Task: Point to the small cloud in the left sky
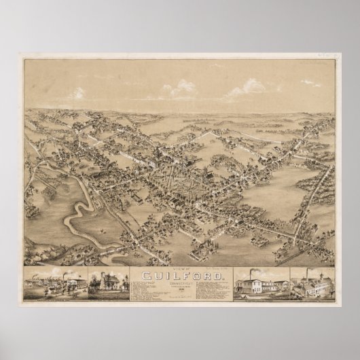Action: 76,92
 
